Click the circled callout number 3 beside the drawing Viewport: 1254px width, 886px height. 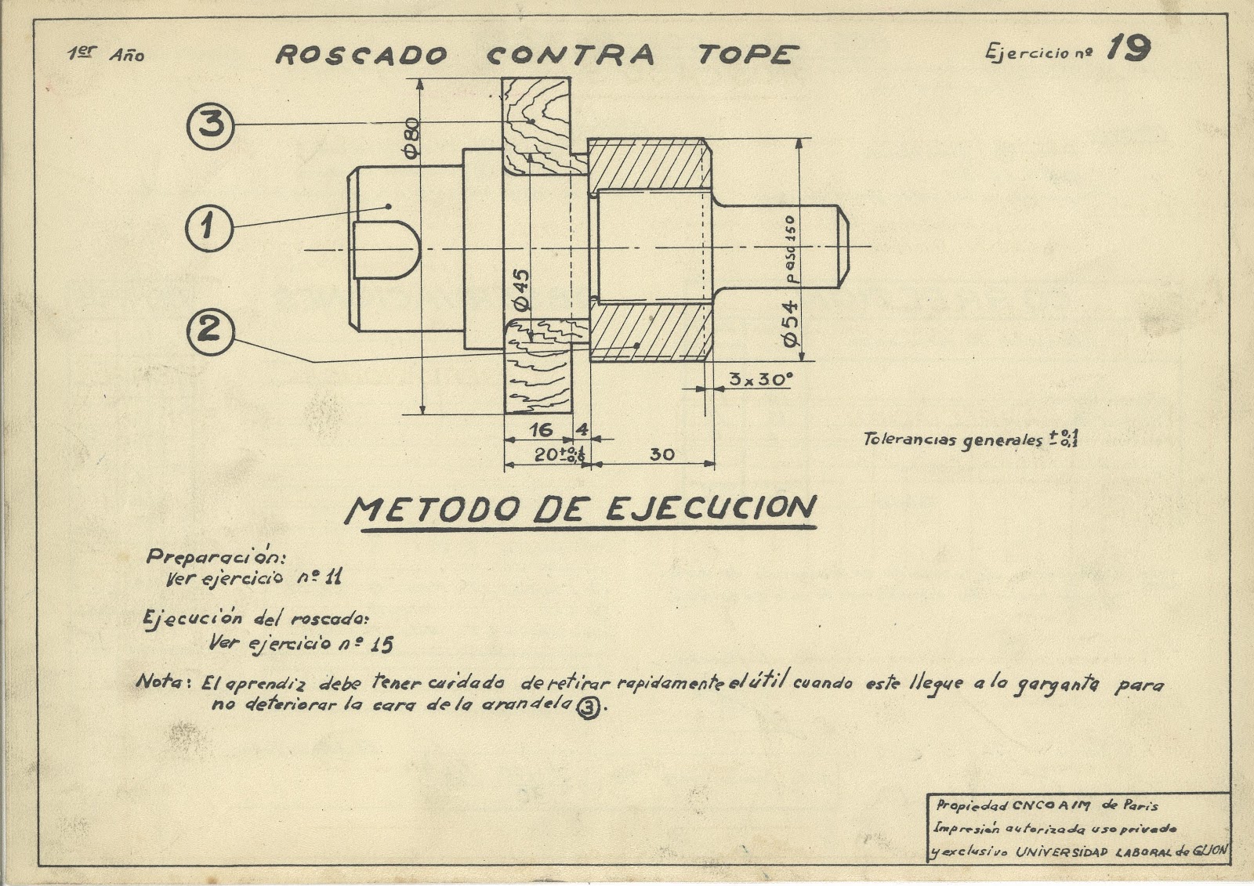click(x=210, y=125)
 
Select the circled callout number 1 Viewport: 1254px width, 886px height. click(x=208, y=228)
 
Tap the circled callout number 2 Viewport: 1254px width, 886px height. click(x=208, y=331)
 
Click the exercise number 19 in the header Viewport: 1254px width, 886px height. click(x=1128, y=49)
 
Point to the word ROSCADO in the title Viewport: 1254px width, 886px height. click(x=361, y=56)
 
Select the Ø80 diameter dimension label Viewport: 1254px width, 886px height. click(x=413, y=137)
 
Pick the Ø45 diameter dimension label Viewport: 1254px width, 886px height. click(x=520, y=290)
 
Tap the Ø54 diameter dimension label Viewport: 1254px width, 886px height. click(x=789, y=322)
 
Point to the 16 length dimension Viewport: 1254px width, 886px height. click(x=540, y=429)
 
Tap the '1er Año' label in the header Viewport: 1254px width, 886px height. click(x=106, y=54)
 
